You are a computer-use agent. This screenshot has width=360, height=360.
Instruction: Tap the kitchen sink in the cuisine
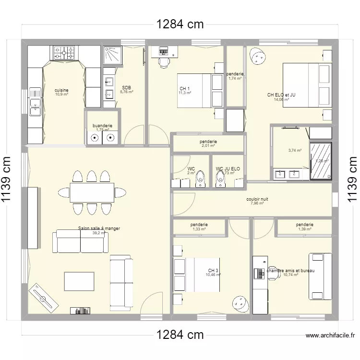tap(35, 107)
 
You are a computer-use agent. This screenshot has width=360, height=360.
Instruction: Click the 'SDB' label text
tap(126, 87)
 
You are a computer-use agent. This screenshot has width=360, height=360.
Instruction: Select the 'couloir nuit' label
tap(257, 199)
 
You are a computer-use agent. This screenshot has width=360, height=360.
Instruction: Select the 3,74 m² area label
tap(295, 150)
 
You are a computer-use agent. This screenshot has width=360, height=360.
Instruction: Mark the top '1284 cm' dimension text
tap(179, 24)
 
